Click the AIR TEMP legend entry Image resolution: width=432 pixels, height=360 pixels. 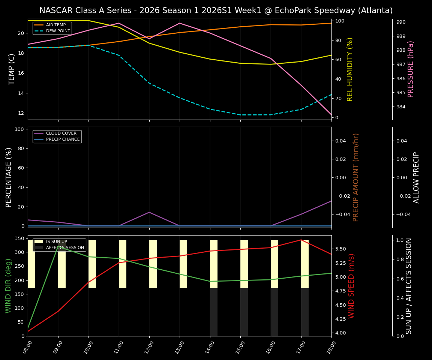point(55,25)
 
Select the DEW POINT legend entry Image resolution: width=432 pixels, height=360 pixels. point(58,31)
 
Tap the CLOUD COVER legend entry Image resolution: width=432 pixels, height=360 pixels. point(61,133)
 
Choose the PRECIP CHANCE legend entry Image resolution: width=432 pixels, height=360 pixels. point(63,139)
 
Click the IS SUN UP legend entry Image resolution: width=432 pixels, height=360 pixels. point(56,241)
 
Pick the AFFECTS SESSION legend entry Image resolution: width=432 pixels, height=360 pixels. point(64,247)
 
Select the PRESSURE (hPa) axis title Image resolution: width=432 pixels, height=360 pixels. point(411,69)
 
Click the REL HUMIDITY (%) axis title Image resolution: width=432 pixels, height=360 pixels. point(350,69)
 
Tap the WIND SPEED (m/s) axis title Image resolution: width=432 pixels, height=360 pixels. point(351,286)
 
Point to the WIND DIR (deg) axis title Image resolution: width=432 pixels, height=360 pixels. point(8,286)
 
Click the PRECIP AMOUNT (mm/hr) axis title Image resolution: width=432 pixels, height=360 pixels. point(356,177)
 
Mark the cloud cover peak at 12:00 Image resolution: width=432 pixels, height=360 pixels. point(149,212)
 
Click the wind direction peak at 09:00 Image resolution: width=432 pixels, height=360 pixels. point(58,246)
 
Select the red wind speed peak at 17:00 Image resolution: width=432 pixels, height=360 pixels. point(301,240)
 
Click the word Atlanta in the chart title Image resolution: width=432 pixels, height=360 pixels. point(375,10)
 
